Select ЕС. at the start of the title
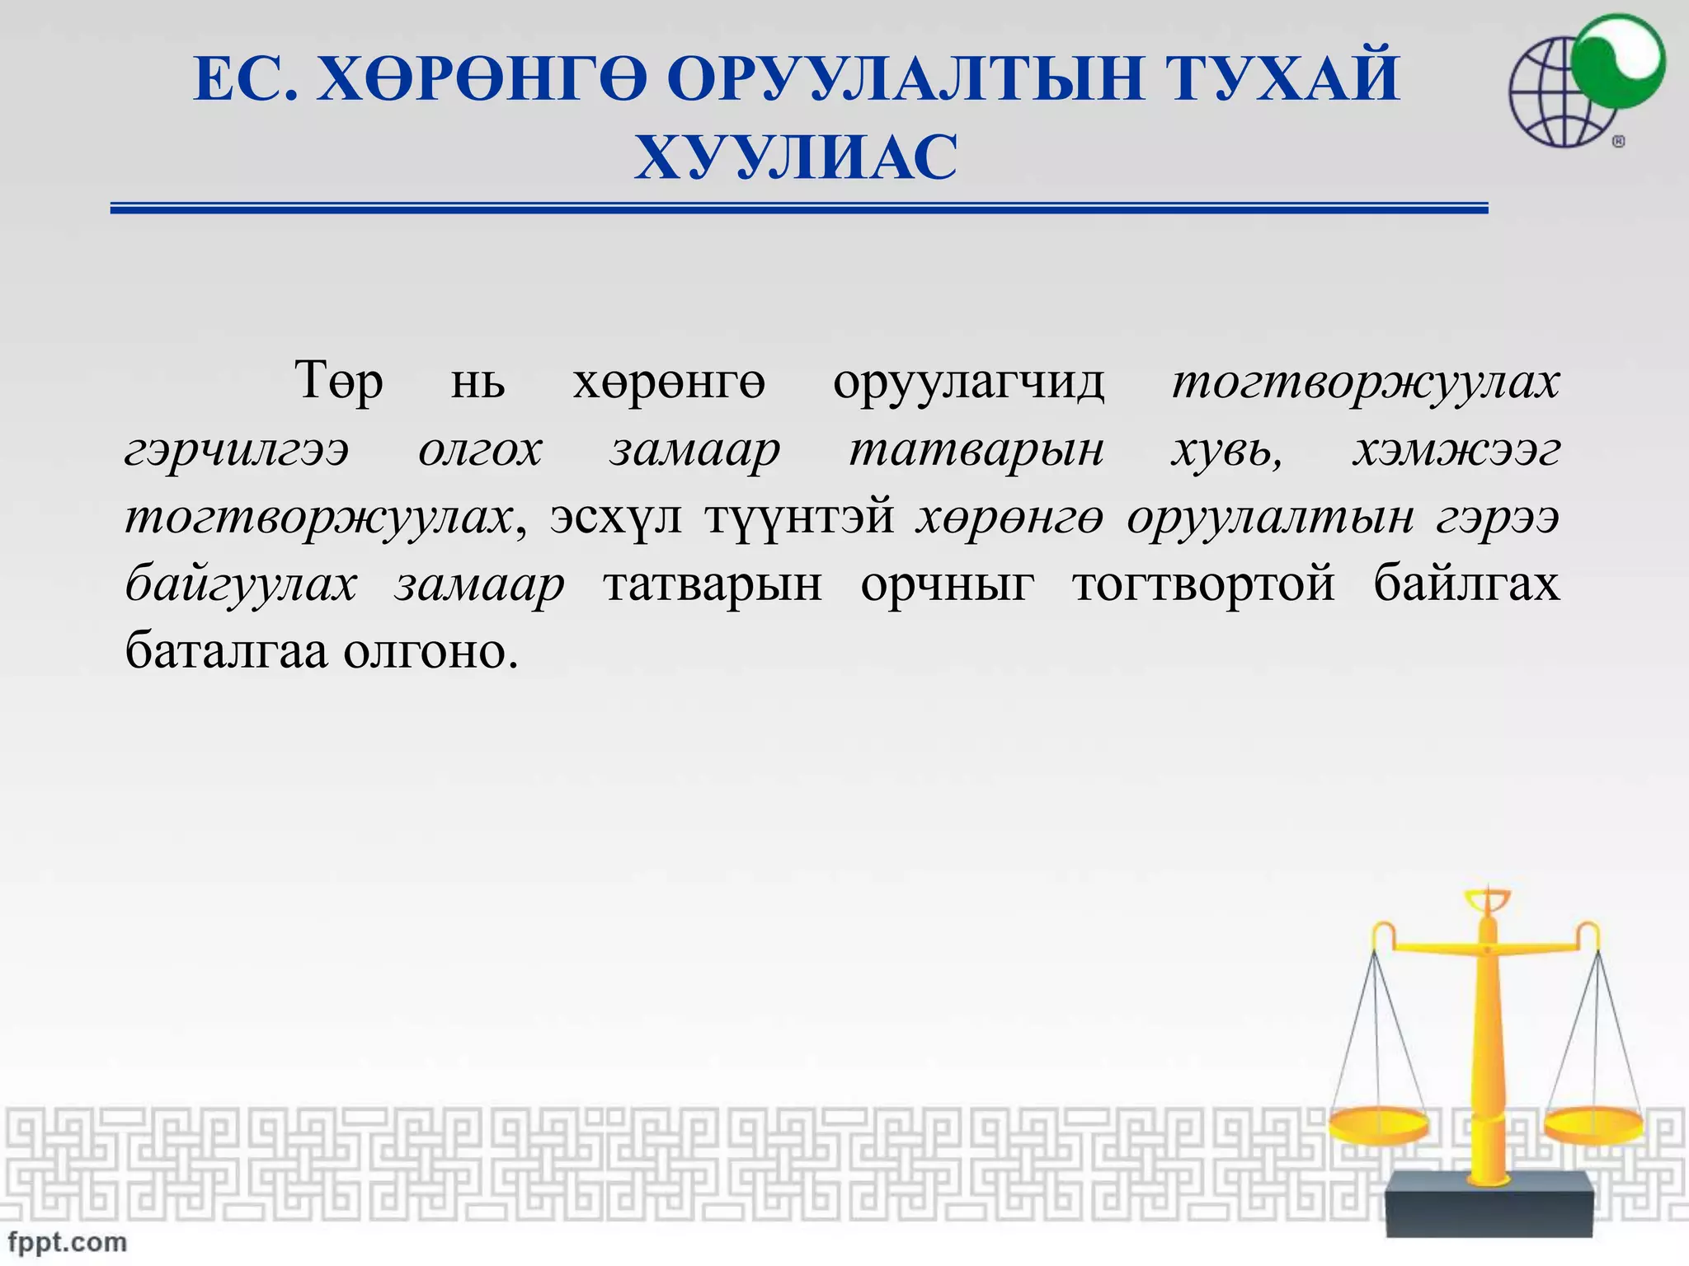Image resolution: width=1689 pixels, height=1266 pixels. pos(245,78)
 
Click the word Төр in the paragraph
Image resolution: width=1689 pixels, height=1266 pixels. pos(339,382)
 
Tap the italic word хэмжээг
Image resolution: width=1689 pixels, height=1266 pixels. pos(1456,450)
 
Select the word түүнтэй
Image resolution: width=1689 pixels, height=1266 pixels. pos(799,518)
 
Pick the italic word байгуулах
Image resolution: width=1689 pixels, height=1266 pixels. pos(241,585)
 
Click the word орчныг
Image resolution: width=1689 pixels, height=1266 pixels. pos(947,584)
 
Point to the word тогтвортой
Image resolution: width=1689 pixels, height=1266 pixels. pos(1203,584)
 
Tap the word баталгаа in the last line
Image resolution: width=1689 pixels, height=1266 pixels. pos(226,651)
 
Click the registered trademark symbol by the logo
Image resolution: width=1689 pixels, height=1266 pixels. pos(1618,142)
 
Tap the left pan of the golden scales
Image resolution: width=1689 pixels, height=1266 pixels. pos(1377,1124)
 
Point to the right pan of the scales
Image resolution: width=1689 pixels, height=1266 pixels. pos(1594,1124)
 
